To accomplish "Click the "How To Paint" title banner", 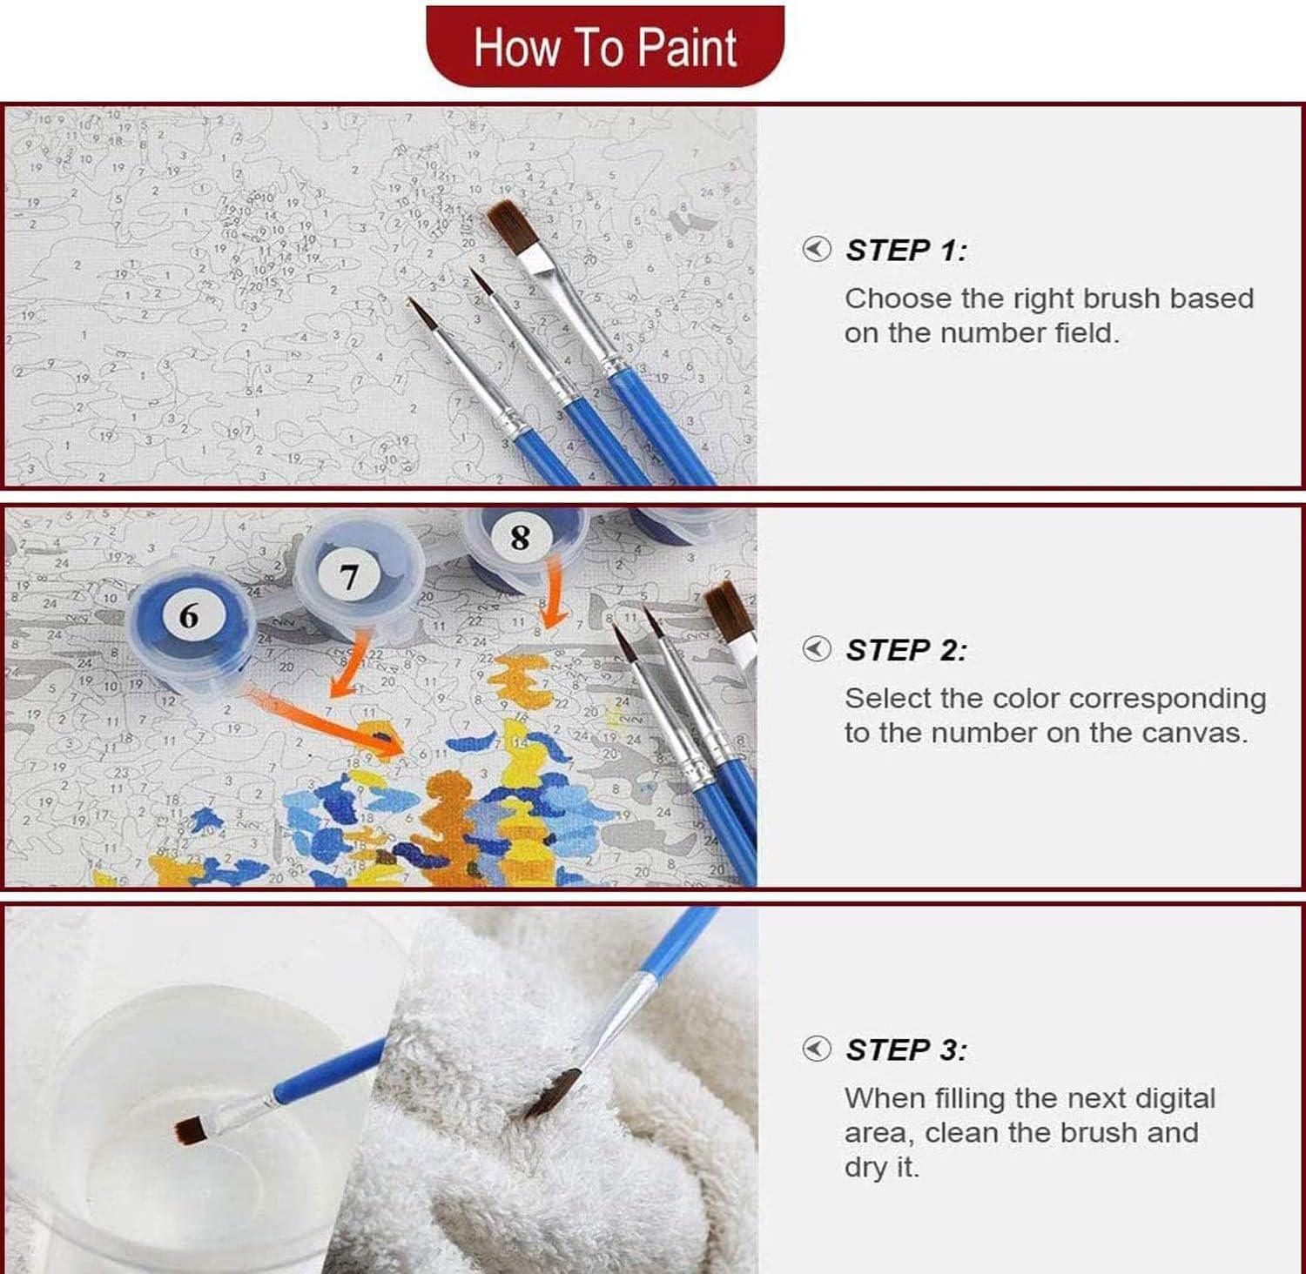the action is [x=605, y=46].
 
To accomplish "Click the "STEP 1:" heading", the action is [x=906, y=251].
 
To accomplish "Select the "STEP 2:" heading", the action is [x=906, y=650].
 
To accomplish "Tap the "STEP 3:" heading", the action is [x=906, y=1050].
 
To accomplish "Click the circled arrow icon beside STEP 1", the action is [x=816, y=250].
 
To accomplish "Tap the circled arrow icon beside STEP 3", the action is [x=816, y=1049].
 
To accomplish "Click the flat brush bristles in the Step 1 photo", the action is [x=512, y=226].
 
